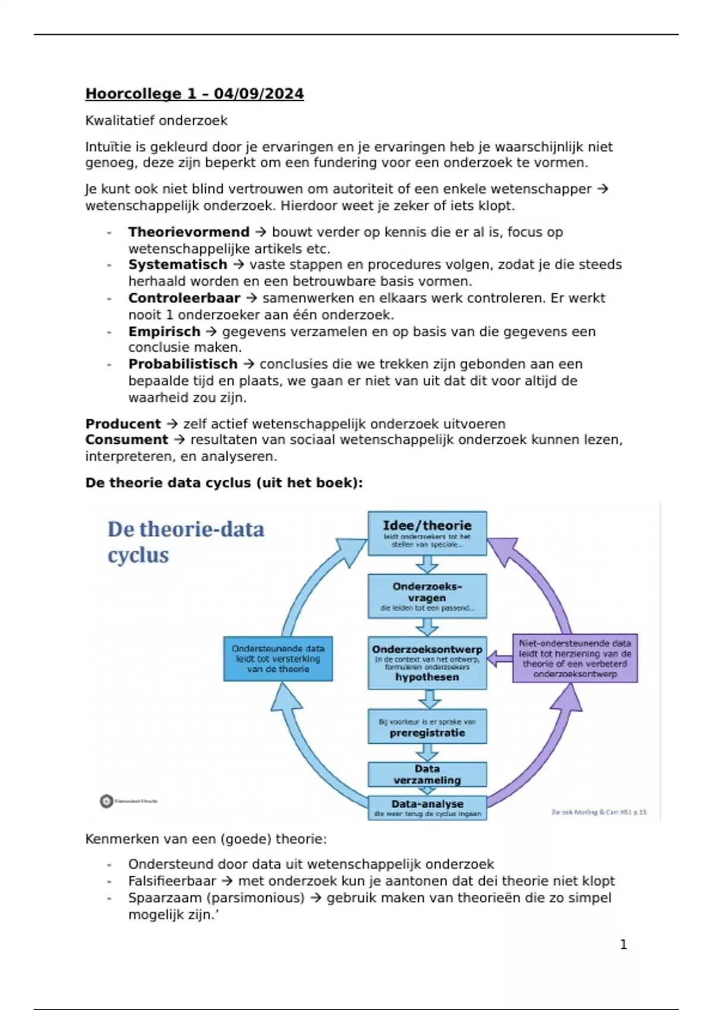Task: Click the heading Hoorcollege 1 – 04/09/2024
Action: tap(194, 94)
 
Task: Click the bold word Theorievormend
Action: tap(188, 232)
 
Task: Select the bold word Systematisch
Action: tap(178, 265)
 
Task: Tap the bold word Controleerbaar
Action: tap(184, 298)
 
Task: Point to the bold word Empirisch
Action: tap(164, 332)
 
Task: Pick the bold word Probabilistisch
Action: tap(183, 364)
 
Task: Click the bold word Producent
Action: tap(123, 424)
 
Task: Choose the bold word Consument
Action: tap(127, 440)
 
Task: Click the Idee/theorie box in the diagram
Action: tap(427, 533)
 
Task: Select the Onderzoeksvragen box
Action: tap(427, 596)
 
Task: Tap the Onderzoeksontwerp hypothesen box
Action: tap(427, 662)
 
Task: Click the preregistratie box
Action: tap(427, 727)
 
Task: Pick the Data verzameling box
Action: tap(427, 774)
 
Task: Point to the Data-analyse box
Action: tap(427, 808)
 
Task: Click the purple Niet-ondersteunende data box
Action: tap(575, 658)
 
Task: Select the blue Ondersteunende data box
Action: tap(278, 659)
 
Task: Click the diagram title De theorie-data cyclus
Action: tap(185, 542)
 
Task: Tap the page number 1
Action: tap(623, 945)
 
